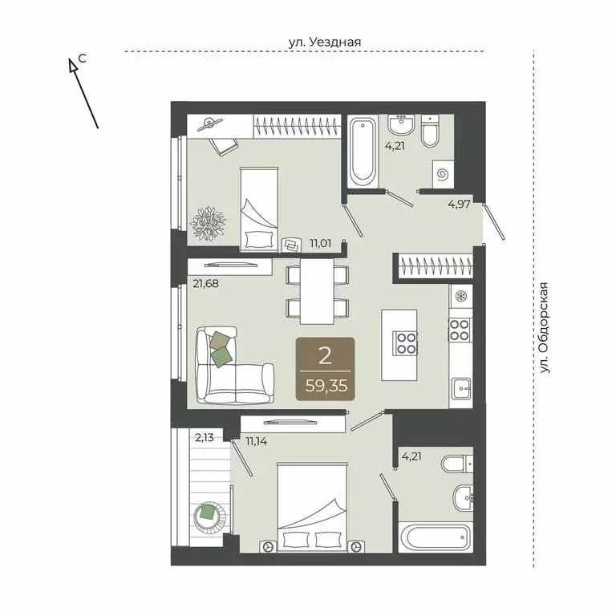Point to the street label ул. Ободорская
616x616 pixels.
[x=547, y=326]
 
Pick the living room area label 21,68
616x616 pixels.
[x=205, y=282]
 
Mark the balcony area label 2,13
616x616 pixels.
[x=205, y=437]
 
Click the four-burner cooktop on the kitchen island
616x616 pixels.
[x=404, y=343]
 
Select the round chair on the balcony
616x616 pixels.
[x=210, y=514]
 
